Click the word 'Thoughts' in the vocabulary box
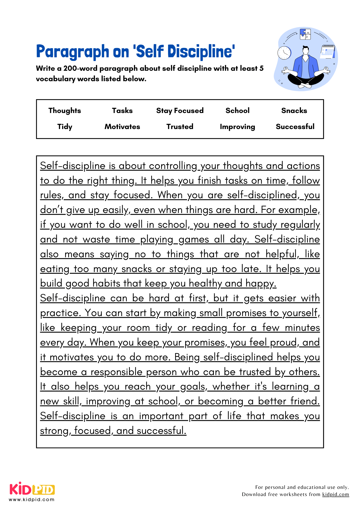click(x=65, y=111)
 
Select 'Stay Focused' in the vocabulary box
click(x=180, y=111)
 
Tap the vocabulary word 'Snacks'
click(x=294, y=111)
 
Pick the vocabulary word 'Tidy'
click(x=65, y=127)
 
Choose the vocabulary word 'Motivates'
click(x=122, y=127)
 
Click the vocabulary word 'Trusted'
click(x=180, y=127)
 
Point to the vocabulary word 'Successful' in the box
click(x=295, y=127)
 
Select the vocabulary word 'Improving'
click(x=237, y=127)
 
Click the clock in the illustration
click(x=284, y=53)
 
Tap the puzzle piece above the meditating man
click(x=305, y=34)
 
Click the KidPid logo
click(x=32, y=489)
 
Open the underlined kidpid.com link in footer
click(x=335, y=494)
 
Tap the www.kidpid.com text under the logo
click(x=32, y=500)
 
